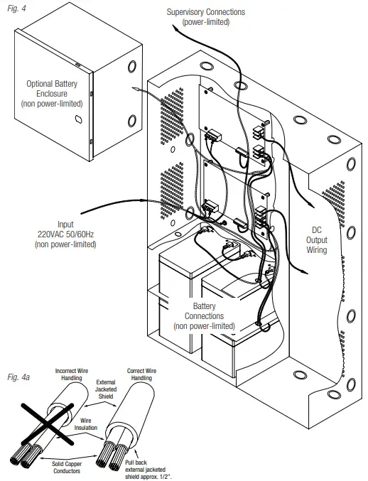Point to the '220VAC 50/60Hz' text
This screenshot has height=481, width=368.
click(x=65, y=234)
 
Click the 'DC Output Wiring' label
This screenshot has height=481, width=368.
click(x=317, y=240)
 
